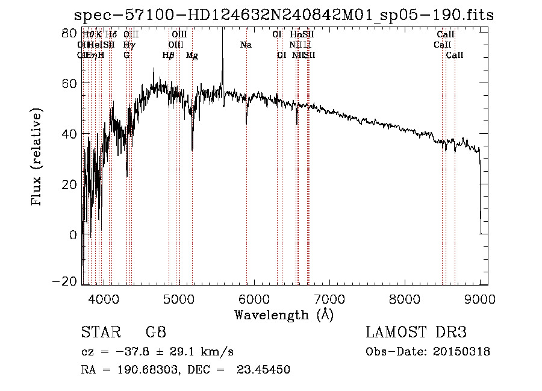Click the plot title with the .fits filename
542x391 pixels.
pos(283,15)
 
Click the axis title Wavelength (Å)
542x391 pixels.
pos(284,314)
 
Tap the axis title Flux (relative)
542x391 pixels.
pos(37,158)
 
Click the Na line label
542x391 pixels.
pos(246,45)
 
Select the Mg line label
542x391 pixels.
pos(192,55)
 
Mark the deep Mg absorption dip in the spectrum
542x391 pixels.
pos(192,148)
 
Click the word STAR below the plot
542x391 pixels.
pos(99,333)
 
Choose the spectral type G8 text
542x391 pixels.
pos(155,333)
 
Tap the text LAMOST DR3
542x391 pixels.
pos(416,333)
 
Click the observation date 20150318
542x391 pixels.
pos(461,352)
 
